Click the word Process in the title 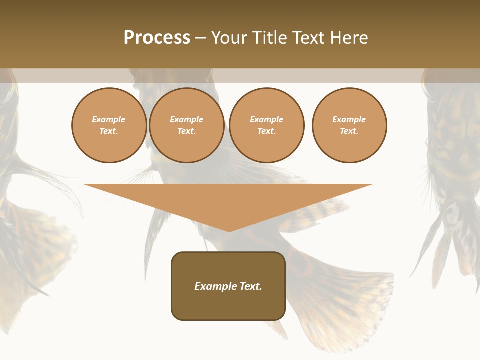click(x=157, y=38)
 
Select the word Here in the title click(x=349, y=38)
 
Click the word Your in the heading click(x=229, y=38)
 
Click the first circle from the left click(x=109, y=125)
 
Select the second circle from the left click(x=187, y=125)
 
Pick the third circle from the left click(x=266, y=125)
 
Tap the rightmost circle click(x=349, y=125)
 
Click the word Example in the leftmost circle click(x=109, y=119)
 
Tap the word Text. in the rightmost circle click(x=349, y=131)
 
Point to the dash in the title click(x=200, y=38)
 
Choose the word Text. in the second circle click(x=187, y=131)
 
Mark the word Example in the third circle click(x=266, y=119)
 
